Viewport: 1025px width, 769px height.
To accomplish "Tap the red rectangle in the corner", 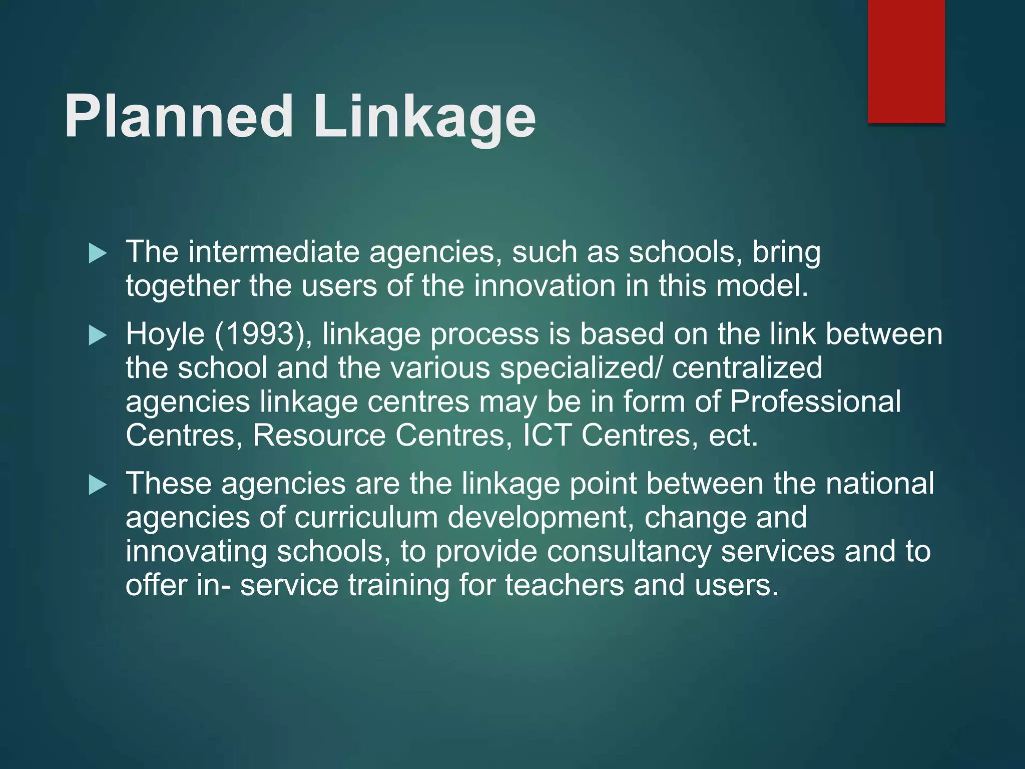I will tap(906, 61).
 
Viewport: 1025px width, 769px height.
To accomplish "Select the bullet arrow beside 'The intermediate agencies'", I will tap(98, 253).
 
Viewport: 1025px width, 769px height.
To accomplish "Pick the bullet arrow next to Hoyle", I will tap(98, 335).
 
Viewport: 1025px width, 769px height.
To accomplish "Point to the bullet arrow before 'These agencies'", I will tap(98, 485).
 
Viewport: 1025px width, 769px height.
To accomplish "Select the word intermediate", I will tap(274, 252).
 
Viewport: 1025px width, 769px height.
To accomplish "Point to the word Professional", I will tap(815, 402).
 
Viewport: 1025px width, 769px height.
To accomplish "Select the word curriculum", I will tap(366, 518).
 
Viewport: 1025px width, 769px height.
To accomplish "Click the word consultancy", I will tap(629, 552).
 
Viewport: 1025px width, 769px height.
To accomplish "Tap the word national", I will tap(879, 484).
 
